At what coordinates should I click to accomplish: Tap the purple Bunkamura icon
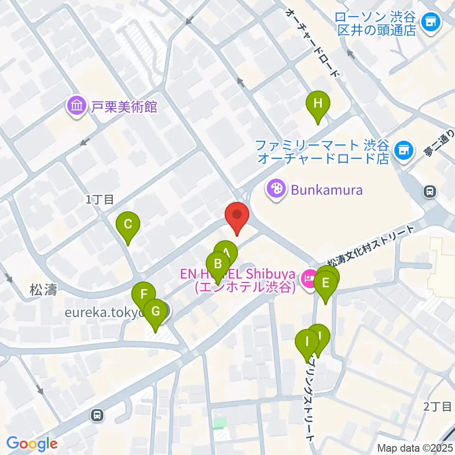[x=275, y=190]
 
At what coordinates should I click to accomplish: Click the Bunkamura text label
[x=327, y=191]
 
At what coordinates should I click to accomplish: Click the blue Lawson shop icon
[x=431, y=21]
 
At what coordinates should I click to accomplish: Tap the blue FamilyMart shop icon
[x=403, y=150]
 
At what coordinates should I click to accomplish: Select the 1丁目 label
[x=100, y=200]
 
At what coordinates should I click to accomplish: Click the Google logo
[x=32, y=444]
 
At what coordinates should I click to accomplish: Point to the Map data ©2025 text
[x=415, y=447]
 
